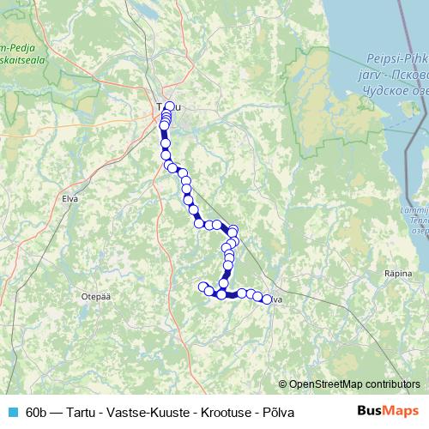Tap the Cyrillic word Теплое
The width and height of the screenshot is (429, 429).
(x=417, y=219)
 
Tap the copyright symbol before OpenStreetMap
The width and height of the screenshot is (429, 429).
(x=284, y=384)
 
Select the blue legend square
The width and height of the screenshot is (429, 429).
(x=12, y=412)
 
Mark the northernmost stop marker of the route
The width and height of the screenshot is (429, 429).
(x=170, y=106)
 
